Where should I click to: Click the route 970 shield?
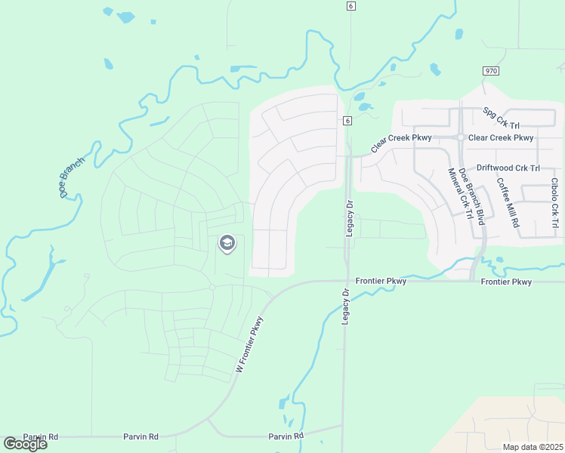point(491,70)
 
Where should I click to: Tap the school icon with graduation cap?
point(227,243)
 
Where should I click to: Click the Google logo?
point(25,444)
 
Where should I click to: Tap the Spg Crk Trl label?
point(502,118)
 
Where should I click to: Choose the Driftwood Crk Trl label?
point(508,168)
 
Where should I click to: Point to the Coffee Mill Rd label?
point(507,202)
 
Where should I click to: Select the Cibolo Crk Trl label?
point(555,199)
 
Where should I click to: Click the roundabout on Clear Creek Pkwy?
point(460,137)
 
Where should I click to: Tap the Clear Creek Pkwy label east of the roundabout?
point(501,138)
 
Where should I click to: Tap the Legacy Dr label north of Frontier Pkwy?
point(350,218)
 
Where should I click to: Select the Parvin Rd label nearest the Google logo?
point(41,437)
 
